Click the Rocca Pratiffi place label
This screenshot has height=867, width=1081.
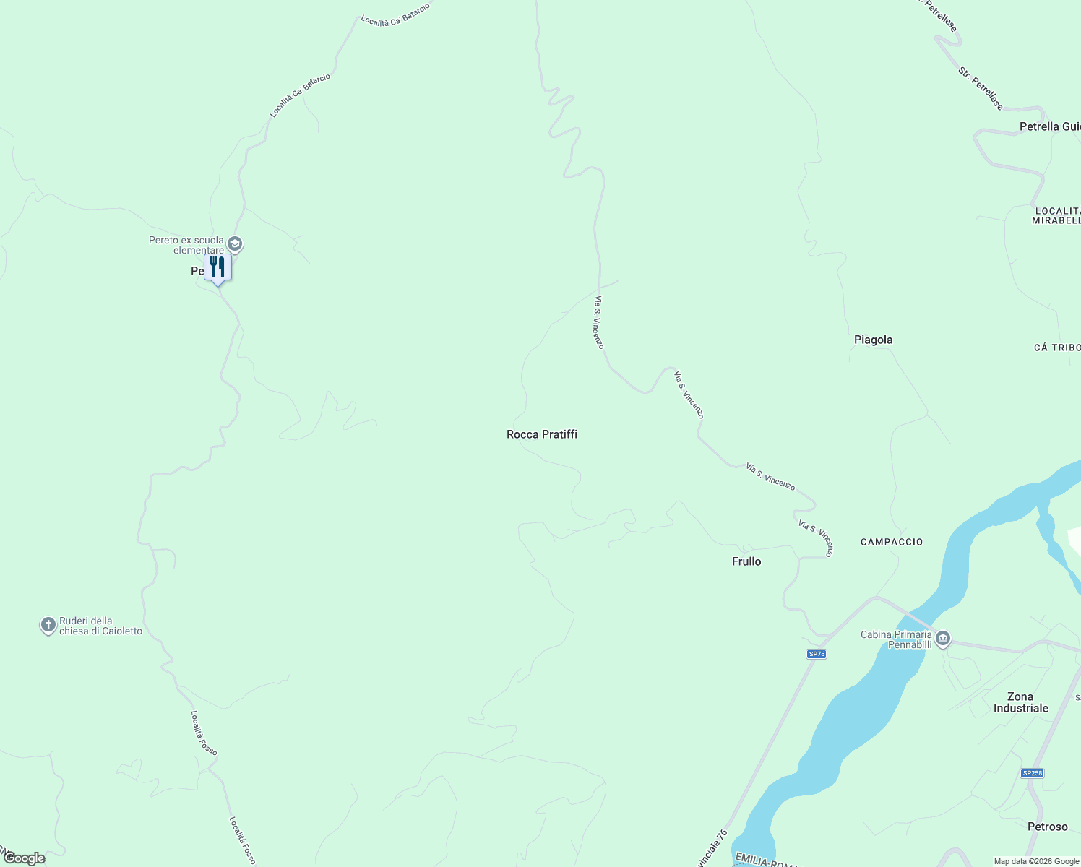coord(542,434)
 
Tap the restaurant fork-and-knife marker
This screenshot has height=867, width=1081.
coord(218,268)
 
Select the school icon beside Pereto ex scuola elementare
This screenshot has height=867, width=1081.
coord(235,244)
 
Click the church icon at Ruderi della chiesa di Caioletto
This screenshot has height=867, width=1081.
coord(48,625)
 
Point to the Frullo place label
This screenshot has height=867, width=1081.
coord(746,561)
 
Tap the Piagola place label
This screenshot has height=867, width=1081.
coord(873,340)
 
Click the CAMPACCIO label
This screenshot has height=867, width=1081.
coord(892,542)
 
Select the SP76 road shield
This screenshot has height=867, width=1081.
coord(816,654)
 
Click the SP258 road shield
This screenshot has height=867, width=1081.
coord(1032,773)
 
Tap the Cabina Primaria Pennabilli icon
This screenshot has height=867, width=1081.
coord(942,639)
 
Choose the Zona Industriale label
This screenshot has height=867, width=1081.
coord(1020,702)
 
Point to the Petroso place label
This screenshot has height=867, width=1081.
coord(1047,827)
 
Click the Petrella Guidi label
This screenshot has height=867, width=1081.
coord(1049,126)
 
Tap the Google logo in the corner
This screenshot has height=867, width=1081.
coord(24,858)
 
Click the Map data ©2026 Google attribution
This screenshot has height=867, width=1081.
coord(1036,861)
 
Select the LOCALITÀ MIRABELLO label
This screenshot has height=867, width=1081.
coord(1056,215)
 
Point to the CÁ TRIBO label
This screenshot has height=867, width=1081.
coord(1056,348)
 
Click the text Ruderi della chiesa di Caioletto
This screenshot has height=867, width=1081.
coord(100,626)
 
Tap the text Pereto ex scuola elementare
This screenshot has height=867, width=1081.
coord(186,245)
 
